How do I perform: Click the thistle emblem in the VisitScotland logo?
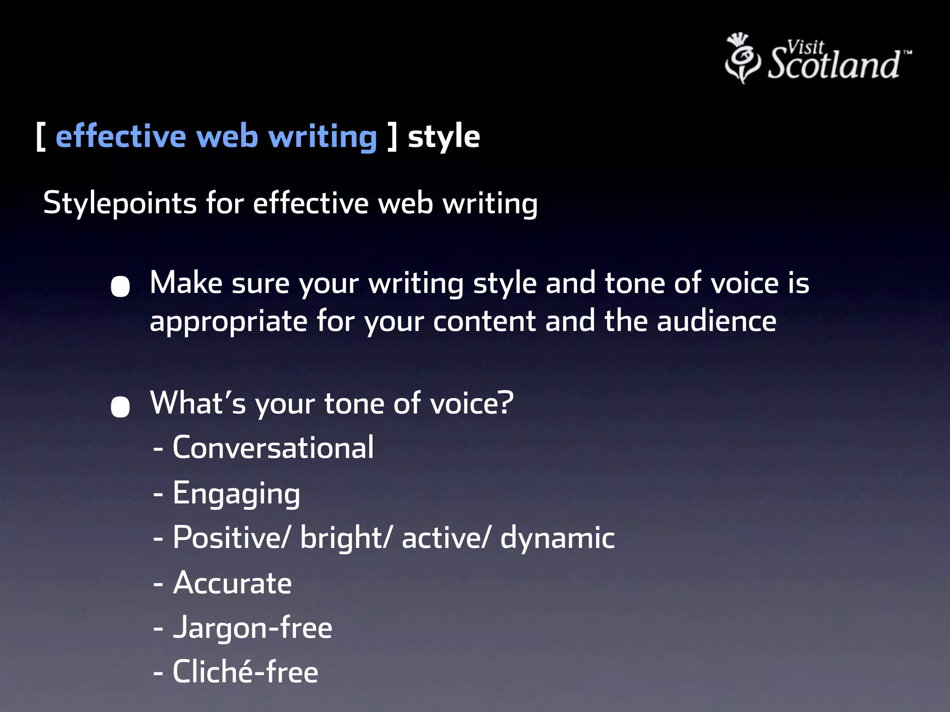coord(742,58)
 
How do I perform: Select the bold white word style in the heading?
coord(443,137)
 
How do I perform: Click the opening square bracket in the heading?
coord(41,137)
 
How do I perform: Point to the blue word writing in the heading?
coord(323,137)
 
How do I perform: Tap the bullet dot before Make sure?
coord(120,286)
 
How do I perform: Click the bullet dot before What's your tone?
coord(120,407)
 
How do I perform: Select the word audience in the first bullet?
coord(717,321)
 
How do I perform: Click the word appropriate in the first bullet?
coord(228,322)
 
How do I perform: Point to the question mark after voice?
coord(506,402)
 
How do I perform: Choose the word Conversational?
coord(273,448)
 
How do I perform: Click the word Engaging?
coord(236,493)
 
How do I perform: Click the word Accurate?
coord(232,583)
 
